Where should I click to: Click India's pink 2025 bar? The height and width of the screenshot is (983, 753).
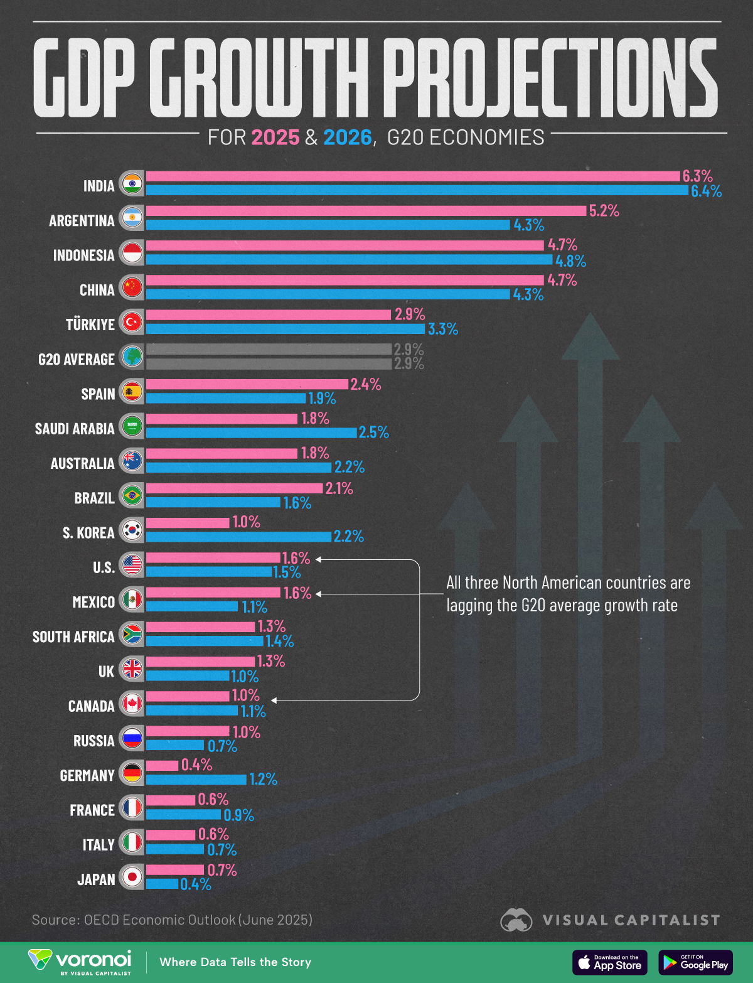coord(413,176)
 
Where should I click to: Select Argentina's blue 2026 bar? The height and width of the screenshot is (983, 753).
coord(328,225)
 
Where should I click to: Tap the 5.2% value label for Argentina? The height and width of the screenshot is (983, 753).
coord(604,211)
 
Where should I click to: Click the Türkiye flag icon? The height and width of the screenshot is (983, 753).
coord(132,323)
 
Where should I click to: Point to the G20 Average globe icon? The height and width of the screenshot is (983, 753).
coord(132,357)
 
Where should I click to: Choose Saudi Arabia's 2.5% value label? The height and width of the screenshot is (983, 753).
coord(374,432)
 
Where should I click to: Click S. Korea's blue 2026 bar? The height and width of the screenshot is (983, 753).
coord(238,537)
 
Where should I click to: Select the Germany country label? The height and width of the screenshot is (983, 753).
coord(87,776)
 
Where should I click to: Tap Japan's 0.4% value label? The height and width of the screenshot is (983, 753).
coord(196,884)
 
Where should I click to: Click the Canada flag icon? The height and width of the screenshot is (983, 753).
coord(132,704)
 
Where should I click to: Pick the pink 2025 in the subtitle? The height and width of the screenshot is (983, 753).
coord(275,137)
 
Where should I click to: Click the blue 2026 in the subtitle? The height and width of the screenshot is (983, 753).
coord(348,137)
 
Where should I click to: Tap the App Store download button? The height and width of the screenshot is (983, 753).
coord(609,962)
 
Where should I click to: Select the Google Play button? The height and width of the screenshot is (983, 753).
coord(695,962)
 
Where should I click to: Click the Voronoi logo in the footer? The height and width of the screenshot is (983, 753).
coord(80,962)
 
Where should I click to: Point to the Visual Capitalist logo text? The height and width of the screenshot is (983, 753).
coord(631,920)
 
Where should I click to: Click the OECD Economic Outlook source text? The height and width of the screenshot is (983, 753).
coord(172,920)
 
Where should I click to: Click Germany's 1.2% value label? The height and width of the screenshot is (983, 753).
coord(263,780)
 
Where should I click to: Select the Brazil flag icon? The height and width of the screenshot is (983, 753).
coord(132,496)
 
